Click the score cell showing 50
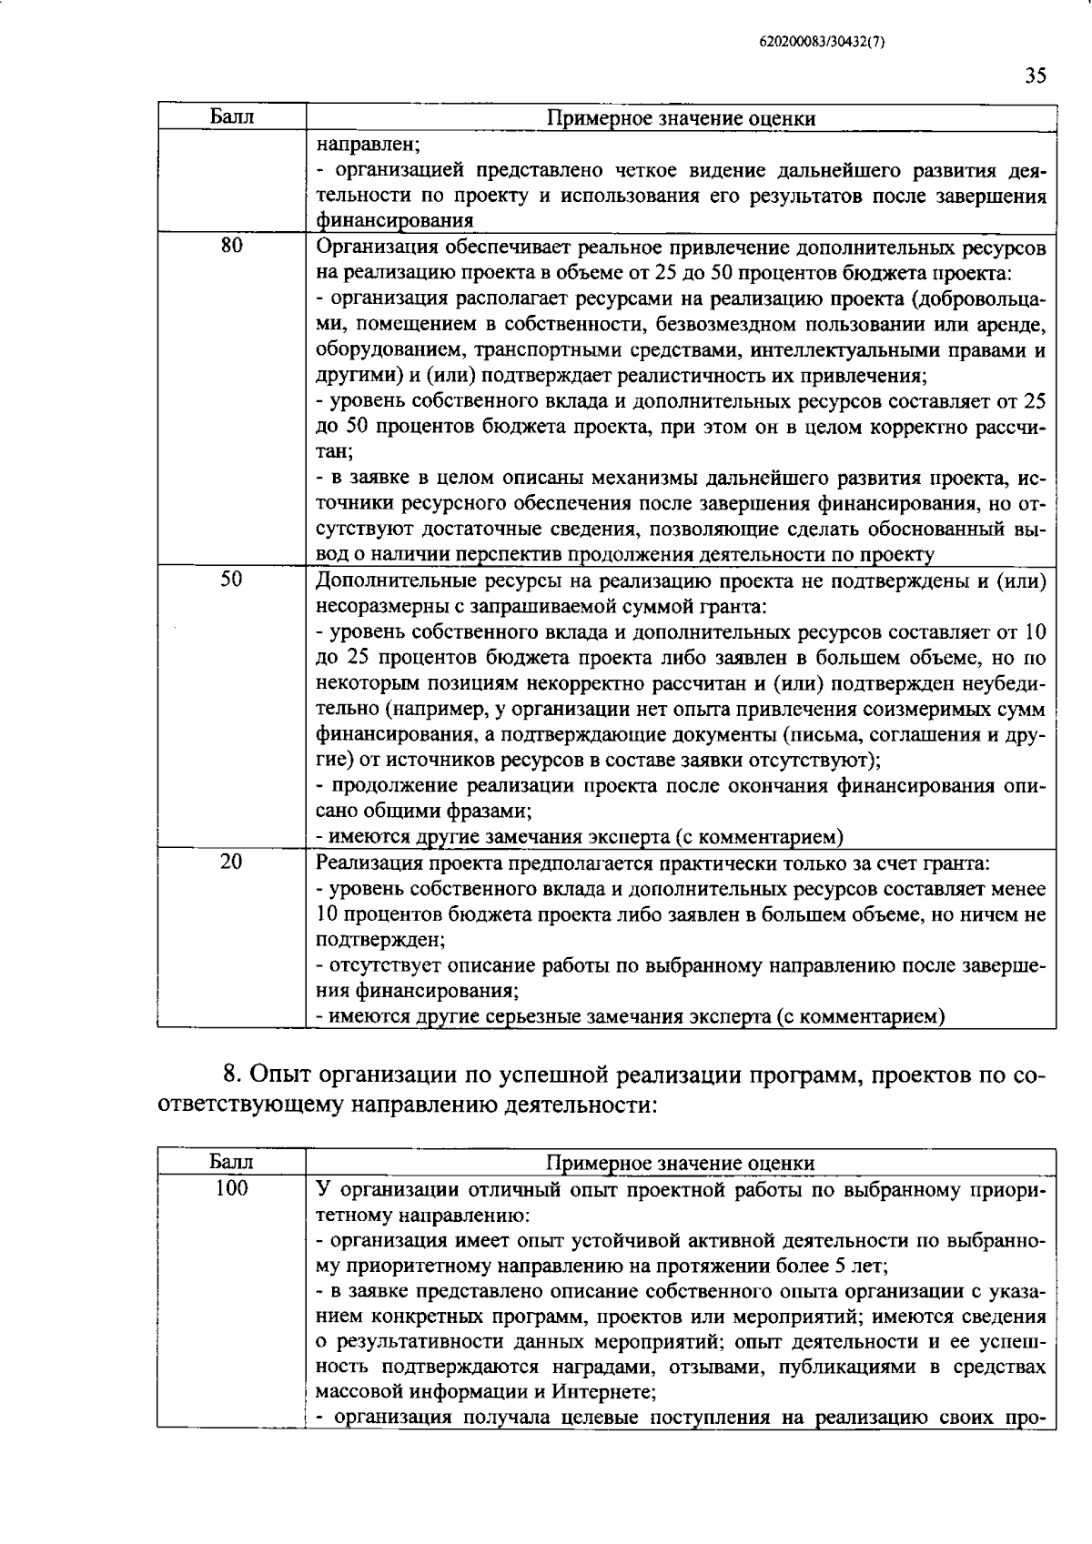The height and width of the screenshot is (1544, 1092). coord(231,578)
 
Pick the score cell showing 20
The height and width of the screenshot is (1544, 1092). coord(231,861)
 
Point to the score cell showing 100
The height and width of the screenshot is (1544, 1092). coord(231,1187)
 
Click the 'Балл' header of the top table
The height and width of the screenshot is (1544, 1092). coord(231,116)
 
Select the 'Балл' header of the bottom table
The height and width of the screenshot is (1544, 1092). coord(231,1162)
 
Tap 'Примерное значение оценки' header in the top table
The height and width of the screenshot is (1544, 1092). coord(681,118)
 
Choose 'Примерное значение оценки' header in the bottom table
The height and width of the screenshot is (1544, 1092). coord(681,1163)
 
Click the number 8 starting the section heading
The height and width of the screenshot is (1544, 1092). coord(231,1075)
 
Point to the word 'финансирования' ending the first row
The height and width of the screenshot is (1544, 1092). coord(394,220)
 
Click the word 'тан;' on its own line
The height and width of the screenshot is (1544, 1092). coord(333,451)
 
